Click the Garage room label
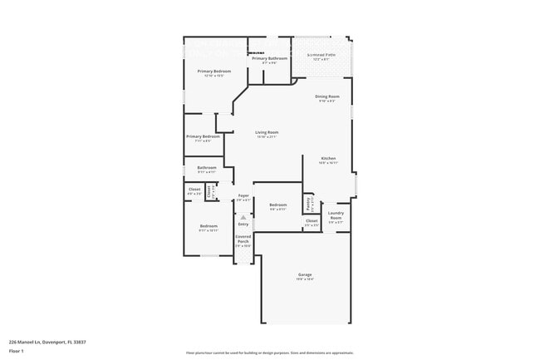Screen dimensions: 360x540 tap(305, 274)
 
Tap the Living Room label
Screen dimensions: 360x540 tap(267, 132)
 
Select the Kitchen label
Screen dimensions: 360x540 tap(328, 158)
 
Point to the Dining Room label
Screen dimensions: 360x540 tap(326, 96)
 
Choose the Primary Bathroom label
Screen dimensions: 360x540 tap(269, 58)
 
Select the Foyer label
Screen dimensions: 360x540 tap(243, 195)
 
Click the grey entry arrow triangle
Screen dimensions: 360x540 tap(243, 217)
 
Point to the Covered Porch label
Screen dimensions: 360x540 tap(243, 239)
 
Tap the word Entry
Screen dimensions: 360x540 tap(243, 224)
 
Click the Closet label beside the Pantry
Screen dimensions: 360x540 tap(312, 220)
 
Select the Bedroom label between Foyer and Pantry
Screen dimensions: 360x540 tap(277, 205)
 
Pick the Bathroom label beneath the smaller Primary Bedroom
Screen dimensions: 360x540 tap(207, 167)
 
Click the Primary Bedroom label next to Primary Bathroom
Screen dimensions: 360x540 tap(214, 72)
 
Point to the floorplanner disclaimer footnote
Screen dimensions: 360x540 tap(270, 353)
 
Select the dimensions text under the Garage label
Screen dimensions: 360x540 tap(305, 279)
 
